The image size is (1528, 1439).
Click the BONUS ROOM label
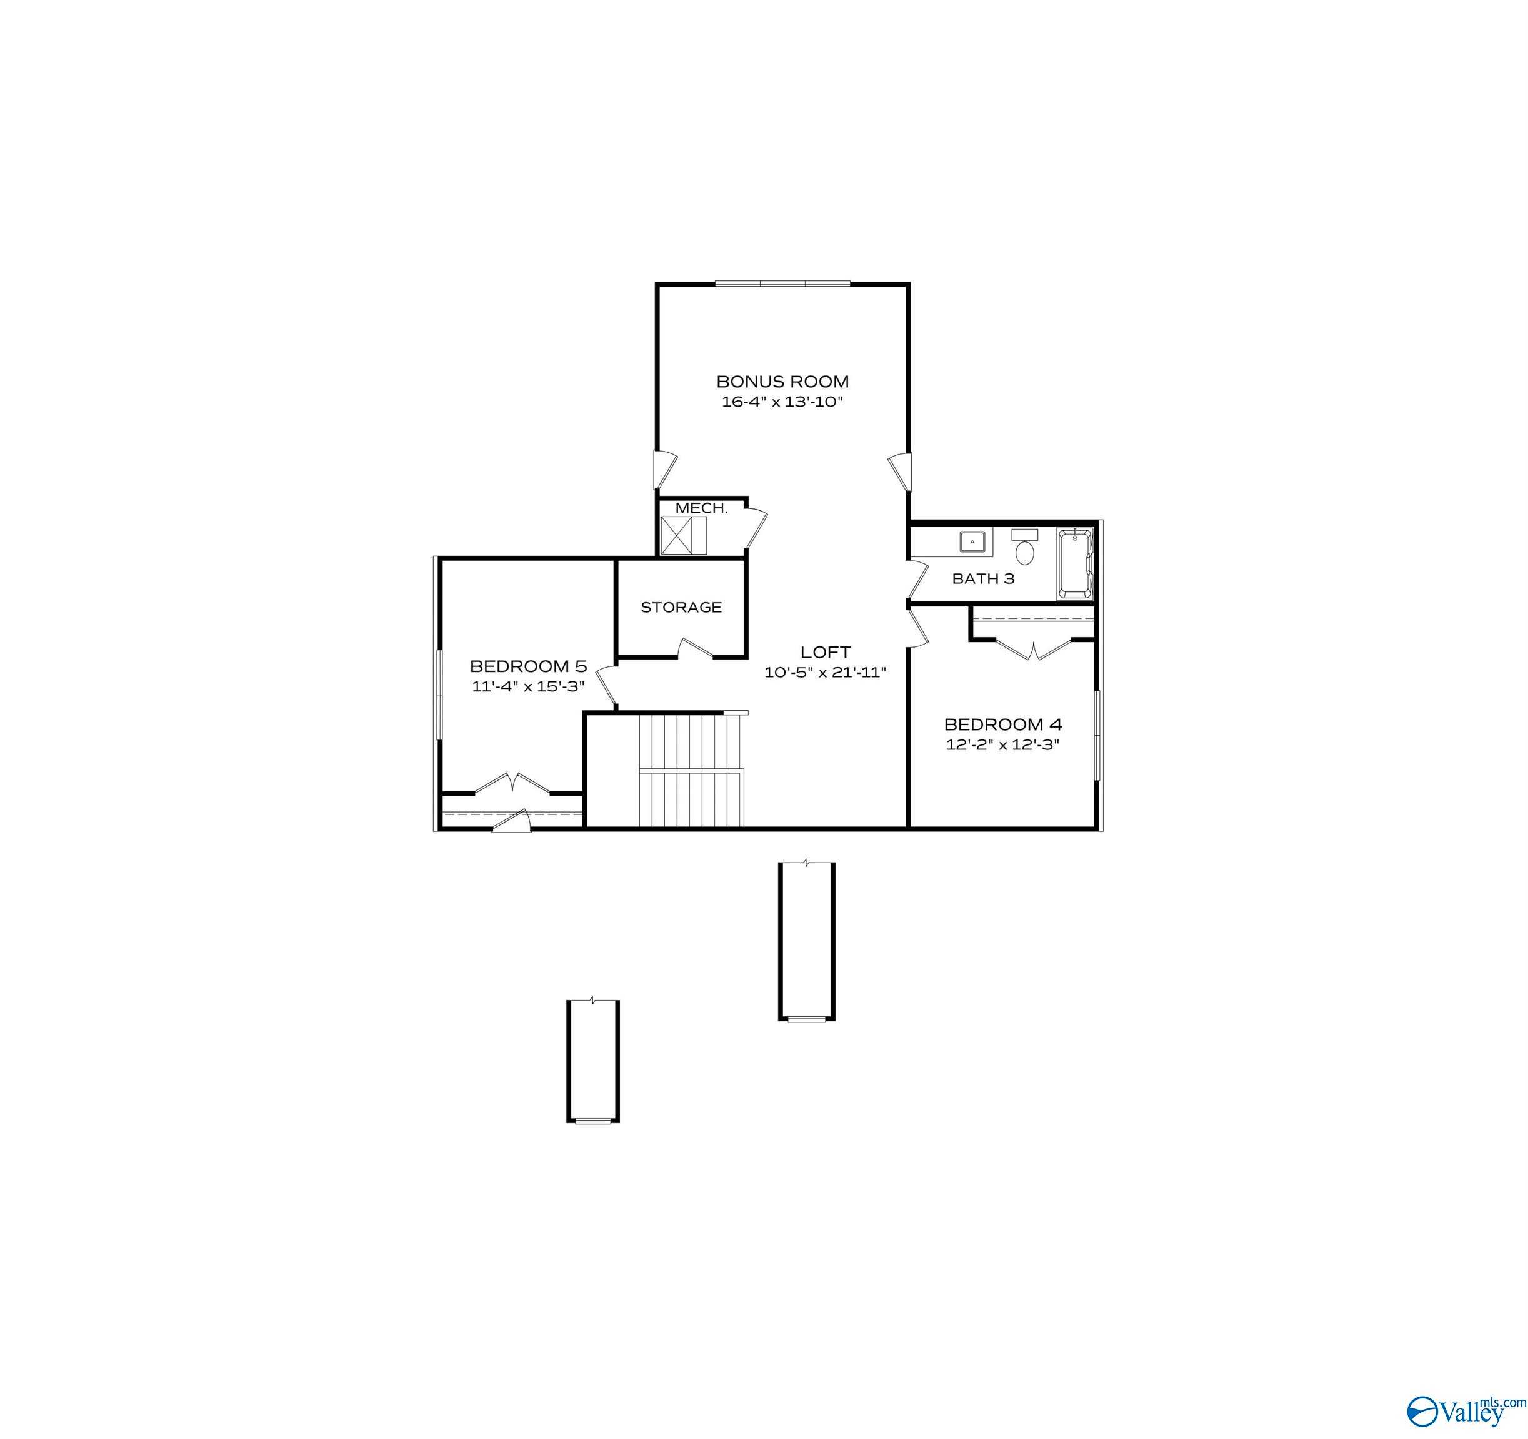point(782,381)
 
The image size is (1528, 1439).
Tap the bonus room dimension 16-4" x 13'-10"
point(782,402)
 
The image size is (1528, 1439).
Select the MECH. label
point(701,508)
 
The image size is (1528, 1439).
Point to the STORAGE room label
point(681,607)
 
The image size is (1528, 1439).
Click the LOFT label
point(826,652)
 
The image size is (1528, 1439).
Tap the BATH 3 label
point(983,578)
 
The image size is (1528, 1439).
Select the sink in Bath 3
point(973,541)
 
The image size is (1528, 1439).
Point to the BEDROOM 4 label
point(1002,724)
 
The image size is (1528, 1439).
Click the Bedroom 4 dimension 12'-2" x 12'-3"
point(1002,744)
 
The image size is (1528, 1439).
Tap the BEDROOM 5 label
point(528,666)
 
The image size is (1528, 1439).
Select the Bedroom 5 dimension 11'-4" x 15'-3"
point(528,686)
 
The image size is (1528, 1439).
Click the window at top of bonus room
point(782,284)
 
